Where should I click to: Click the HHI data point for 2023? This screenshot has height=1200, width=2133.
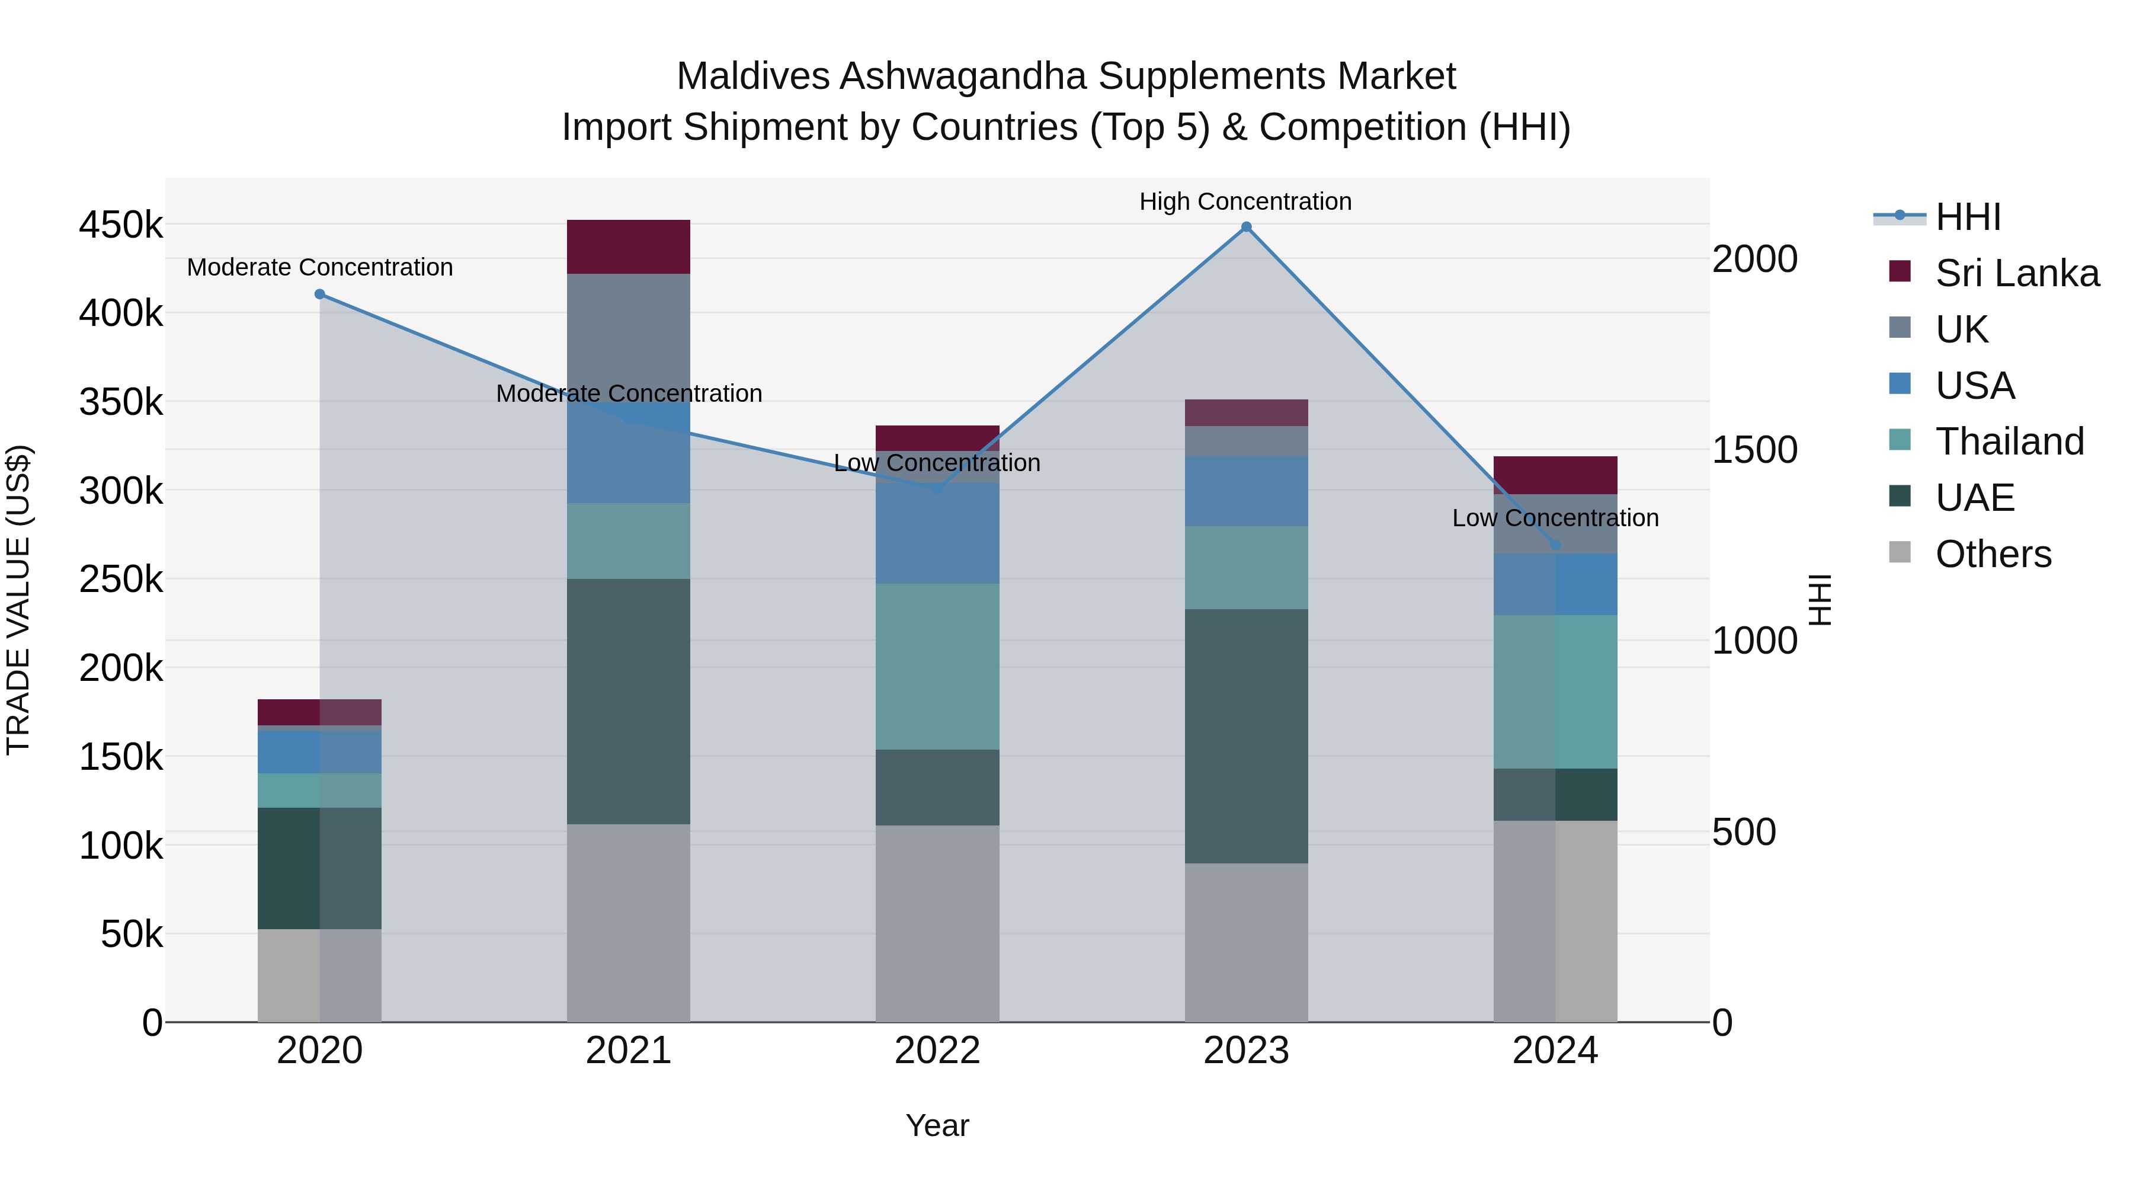click(1246, 227)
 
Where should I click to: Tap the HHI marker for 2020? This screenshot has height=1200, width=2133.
click(319, 294)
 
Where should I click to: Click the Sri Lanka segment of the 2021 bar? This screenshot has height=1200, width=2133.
click(629, 247)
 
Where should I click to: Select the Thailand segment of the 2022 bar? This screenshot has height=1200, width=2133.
click(937, 667)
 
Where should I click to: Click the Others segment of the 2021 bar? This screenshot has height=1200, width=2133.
click(629, 923)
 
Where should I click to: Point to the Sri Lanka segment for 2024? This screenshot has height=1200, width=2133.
click(1555, 475)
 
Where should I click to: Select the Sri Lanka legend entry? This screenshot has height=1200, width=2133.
click(2017, 273)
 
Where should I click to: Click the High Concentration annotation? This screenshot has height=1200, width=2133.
click(1245, 201)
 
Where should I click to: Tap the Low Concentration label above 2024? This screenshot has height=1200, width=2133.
click(1555, 517)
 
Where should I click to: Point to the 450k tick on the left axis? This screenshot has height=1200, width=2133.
click(121, 225)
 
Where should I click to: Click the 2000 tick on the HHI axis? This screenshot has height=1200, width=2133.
click(1754, 259)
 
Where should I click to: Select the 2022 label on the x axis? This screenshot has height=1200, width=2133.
click(937, 1051)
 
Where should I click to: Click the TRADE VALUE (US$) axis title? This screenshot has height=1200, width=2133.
click(18, 600)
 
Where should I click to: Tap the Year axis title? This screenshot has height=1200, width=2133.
click(937, 1125)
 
